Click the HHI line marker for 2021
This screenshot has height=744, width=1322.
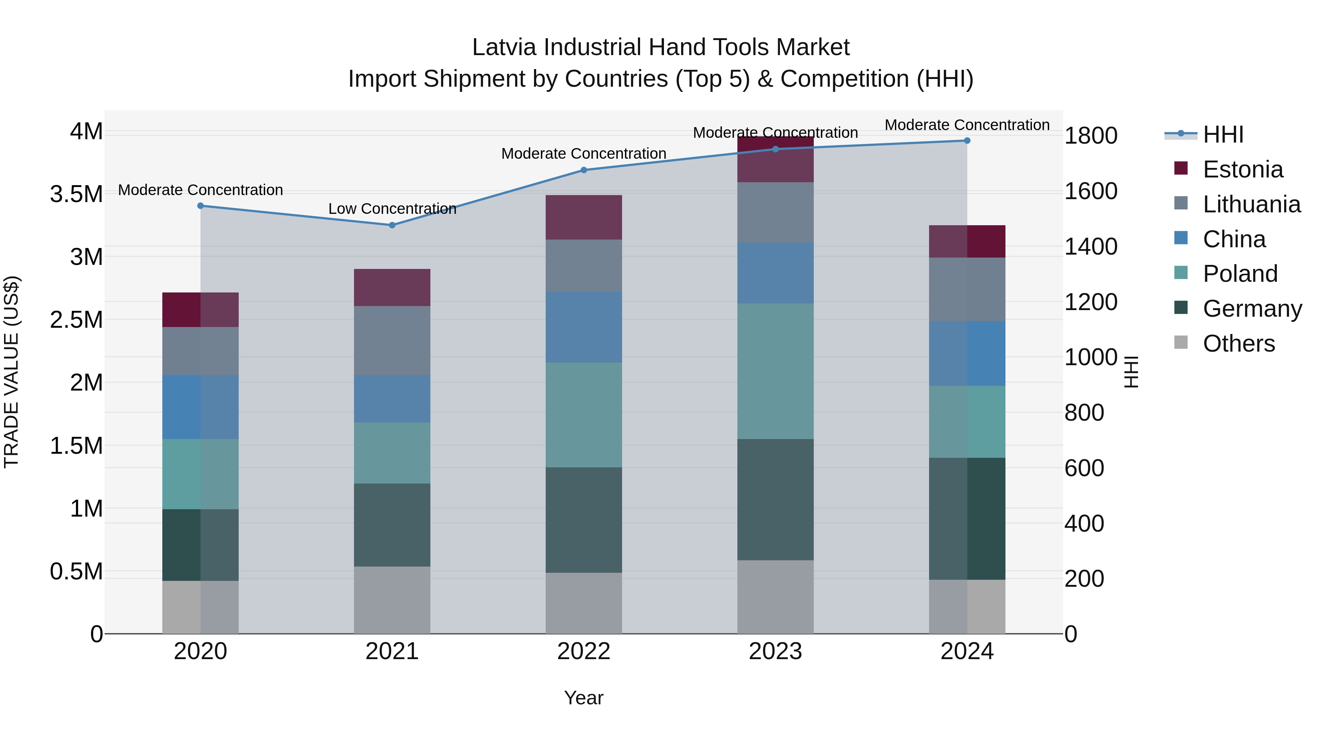(x=392, y=225)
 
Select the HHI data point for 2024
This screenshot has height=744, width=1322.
(x=967, y=141)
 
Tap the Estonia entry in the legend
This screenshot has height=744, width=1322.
(x=1242, y=169)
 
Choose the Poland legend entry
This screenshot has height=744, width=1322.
(x=1240, y=274)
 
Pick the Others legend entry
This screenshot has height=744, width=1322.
(x=1238, y=344)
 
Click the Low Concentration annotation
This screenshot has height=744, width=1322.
(x=392, y=209)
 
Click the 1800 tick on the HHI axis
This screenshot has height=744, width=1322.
(x=1091, y=136)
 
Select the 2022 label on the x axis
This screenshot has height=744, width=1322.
(x=584, y=651)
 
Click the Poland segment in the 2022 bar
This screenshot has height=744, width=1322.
(x=584, y=415)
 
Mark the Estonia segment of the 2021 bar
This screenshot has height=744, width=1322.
(x=392, y=288)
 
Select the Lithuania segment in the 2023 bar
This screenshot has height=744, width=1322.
(x=776, y=213)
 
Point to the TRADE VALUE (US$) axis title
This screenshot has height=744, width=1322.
(x=11, y=372)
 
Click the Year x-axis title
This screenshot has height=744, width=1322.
(x=584, y=698)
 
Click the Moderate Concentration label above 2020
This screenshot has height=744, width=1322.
(x=200, y=190)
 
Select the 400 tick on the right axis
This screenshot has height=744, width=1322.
(x=1084, y=524)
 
